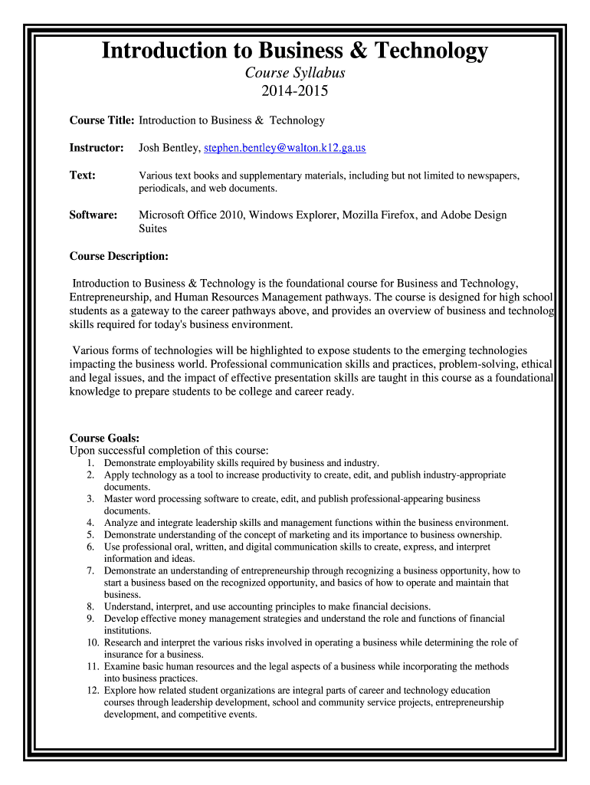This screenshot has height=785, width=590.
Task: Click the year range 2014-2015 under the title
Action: [x=295, y=92]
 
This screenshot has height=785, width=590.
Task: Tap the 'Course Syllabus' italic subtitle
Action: [x=295, y=74]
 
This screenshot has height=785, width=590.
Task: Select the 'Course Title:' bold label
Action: [x=102, y=120]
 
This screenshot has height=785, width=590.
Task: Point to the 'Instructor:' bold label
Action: [x=97, y=147]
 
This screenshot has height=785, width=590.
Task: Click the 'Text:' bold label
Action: [x=83, y=176]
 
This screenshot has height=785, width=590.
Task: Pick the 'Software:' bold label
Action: [x=93, y=215]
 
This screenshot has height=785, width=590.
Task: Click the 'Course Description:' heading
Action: [x=119, y=255]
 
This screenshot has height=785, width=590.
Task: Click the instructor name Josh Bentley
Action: [x=169, y=147]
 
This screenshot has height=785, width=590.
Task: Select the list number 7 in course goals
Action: [x=90, y=571]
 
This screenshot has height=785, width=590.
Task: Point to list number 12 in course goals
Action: [x=87, y=691]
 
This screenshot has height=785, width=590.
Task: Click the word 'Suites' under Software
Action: [x=152, y=228]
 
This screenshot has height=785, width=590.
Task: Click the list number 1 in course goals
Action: [x=90, y=463]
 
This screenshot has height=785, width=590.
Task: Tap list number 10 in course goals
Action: [x=87, y=642]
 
